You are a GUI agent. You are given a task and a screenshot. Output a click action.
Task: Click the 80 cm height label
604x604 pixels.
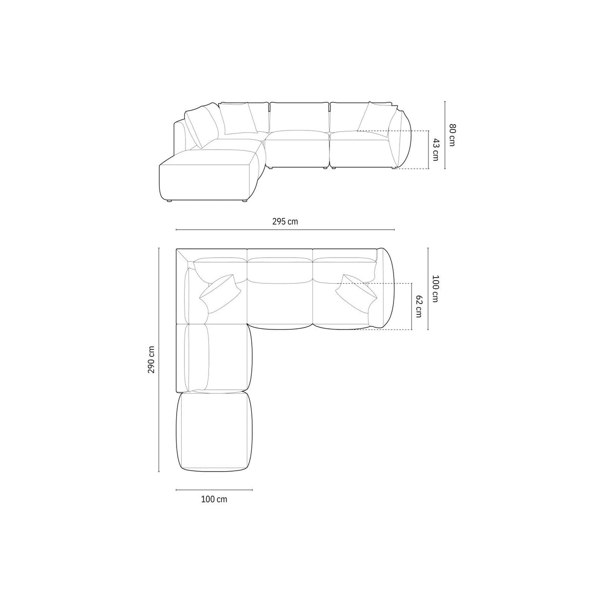pyautogui.click(x=452, y=134)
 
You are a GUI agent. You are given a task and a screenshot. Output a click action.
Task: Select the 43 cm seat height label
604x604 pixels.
pyautogui.click(x=435, y=150)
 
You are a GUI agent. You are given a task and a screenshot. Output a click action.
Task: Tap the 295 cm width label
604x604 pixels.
pyautogui.click(x=285, y=221)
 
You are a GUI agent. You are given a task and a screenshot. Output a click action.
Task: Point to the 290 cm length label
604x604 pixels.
pyautogui.click(x=151, y=359)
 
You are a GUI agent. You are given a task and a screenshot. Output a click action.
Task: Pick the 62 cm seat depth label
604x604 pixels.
pyautogui.click(x=418, y=306)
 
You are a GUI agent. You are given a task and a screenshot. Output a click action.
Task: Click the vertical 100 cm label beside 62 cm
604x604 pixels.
pyautogui.click(x=435, y=289)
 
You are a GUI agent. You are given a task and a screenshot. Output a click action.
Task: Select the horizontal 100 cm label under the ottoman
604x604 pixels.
pyautogui.click(x=214, y=499)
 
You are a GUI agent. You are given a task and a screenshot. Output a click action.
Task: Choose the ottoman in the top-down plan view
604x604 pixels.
pyautogui.click(x=214, y=432)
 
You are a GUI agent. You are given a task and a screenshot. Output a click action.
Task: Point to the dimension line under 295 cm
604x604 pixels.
pyautogui.click(x=285, y=230)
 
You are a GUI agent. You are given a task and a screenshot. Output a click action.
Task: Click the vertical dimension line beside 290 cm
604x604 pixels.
pyautogui.click(x=159, y=360)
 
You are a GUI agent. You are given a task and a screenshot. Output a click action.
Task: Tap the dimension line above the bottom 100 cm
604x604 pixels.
pyautogui.click(x=214, y=490)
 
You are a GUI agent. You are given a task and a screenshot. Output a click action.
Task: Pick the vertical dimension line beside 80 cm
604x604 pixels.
pyautogui.click(x=444, y=135)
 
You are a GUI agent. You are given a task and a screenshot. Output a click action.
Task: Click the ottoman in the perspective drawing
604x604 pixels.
pyautogui.click(x=209, y=174)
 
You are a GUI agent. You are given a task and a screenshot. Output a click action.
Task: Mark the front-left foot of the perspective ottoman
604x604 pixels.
pyautogui.click(x=170, y=201)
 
